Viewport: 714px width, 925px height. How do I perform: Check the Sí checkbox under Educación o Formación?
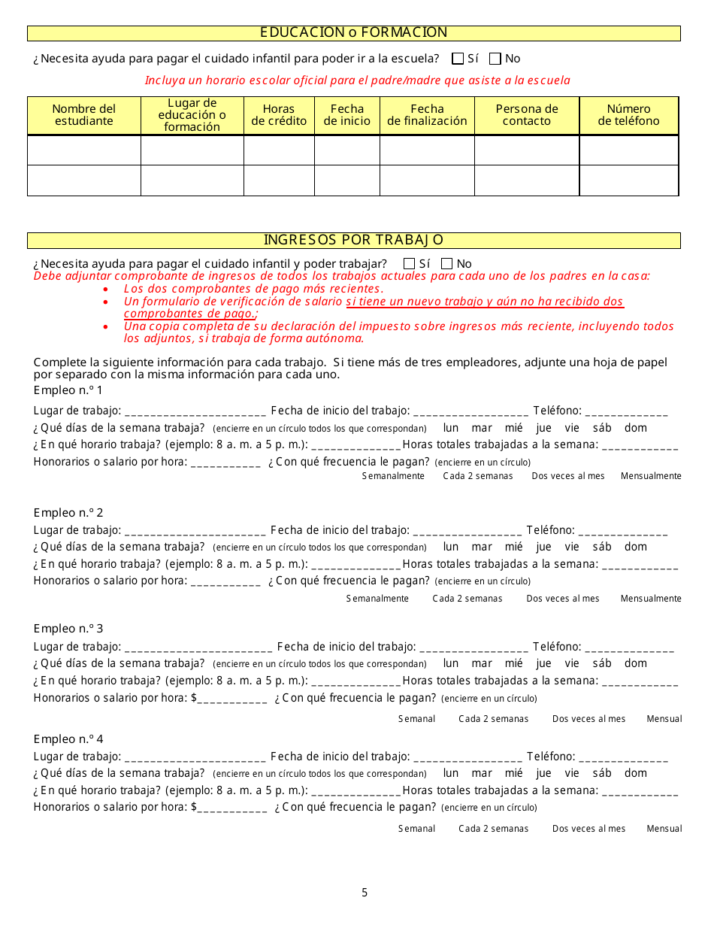[x=458, y=59]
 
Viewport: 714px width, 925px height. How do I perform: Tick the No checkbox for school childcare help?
[x=495, y=59]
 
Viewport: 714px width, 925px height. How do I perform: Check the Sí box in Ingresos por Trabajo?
[x=410, y=264]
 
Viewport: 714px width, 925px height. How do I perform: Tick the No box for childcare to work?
[x=447, y=264]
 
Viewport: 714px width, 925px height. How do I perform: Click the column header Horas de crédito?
[x=279, y=115]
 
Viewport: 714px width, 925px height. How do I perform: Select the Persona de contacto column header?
[x=527, y=115]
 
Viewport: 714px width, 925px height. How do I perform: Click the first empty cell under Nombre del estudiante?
[x=84, y=150]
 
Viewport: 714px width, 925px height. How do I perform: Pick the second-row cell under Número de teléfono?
[x=629, y=180]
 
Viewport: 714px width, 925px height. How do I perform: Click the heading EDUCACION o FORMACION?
[x=353, y=33]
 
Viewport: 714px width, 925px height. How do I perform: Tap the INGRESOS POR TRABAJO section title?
[x=353, y=241]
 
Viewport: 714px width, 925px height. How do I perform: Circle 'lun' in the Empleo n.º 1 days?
[x=451, y=429]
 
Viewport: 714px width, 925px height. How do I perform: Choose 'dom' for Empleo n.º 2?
[x=636, y=547]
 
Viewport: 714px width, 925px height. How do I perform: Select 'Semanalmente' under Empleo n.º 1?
[x=393, y=476]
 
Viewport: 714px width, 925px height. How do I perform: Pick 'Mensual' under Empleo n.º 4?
[x=664, y=829]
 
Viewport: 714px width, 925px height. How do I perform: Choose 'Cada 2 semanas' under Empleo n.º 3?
[x=494, y=719]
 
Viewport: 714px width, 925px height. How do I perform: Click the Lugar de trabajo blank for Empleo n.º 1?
[x=195, y=412]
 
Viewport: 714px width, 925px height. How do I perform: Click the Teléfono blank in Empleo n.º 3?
[x=629, y=647]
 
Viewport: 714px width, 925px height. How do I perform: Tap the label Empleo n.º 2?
[x=68, y=513]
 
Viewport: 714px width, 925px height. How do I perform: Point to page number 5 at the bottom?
[x=365, y=893]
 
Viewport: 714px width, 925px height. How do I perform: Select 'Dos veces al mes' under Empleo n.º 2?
[x=563, y=599]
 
